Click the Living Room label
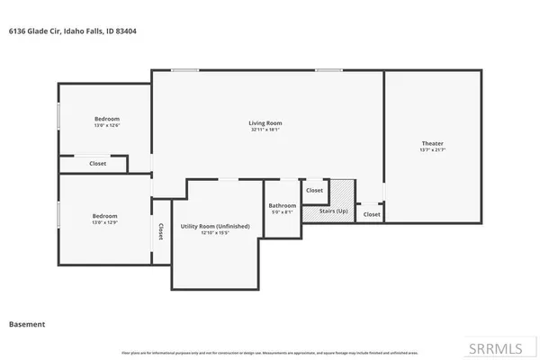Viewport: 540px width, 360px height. (265, 122)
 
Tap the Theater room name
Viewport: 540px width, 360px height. (432, 143)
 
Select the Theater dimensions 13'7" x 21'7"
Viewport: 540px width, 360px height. (432, 150)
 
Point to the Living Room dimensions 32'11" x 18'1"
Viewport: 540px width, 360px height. (265, 130)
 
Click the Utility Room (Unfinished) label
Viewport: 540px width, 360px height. (214, 226)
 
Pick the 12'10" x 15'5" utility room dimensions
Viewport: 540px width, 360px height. (214, 233)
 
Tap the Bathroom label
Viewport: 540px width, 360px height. (283, 205)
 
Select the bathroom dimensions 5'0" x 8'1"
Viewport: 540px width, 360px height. (283, 212)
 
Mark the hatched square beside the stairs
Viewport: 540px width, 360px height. (341, 193)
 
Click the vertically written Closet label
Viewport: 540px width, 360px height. (160, 231)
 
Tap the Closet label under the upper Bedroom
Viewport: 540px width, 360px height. (97, 164)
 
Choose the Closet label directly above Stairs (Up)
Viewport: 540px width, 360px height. (314, 191)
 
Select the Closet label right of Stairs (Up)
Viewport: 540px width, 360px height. (372, 214)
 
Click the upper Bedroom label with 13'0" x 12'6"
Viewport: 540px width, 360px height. (107, 119)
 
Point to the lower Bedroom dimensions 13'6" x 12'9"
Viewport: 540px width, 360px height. (104, 223)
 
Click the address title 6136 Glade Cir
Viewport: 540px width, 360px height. (72, 31)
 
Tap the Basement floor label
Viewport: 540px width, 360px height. (27, 323)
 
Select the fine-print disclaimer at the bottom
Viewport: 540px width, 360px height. (270, 351)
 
